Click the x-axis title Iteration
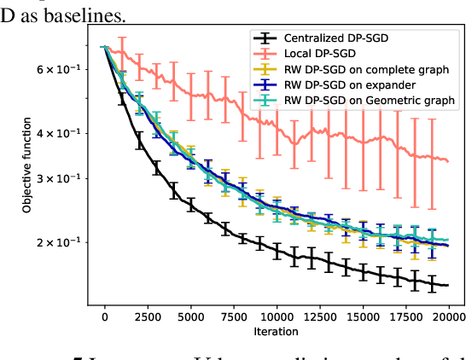coord(276,331)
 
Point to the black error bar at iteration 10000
coord(277,250)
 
